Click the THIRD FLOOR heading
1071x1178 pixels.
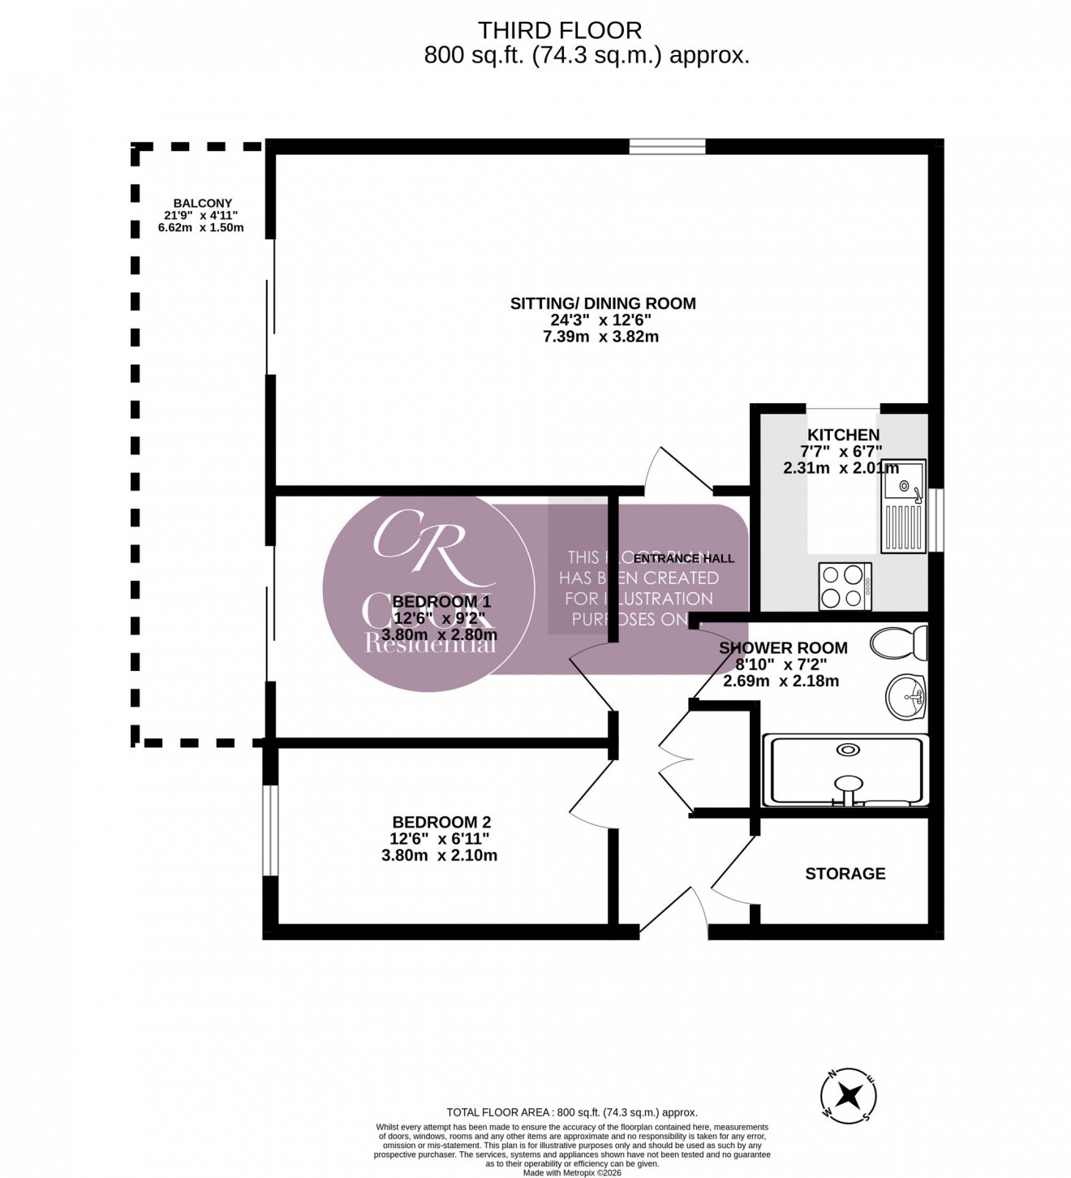click(x=559, y=31)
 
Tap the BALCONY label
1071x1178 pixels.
click(x=202, y=204)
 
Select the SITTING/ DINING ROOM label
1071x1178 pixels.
click(x=602, y=304)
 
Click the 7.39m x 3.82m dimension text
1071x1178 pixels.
click(x=600, y=336)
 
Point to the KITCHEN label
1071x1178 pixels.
click(x=843, y=436)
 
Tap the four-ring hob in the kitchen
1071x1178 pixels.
click(x=845, y=586)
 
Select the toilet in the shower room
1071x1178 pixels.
click(x=898, y=643)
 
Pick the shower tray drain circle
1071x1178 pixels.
click(x=848, y=750)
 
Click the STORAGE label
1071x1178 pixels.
click(x=845, y=874)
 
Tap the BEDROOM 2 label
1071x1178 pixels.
click(x=441, y=822)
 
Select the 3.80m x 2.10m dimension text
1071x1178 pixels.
click(x=439, y=855)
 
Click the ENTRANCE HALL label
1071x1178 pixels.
click(x=683, y=558)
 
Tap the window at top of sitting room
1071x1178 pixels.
click(x=667, y=146)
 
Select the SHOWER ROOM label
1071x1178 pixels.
click(x=783, y=648)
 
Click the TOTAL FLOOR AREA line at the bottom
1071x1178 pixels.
click(x=572, y=1113)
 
